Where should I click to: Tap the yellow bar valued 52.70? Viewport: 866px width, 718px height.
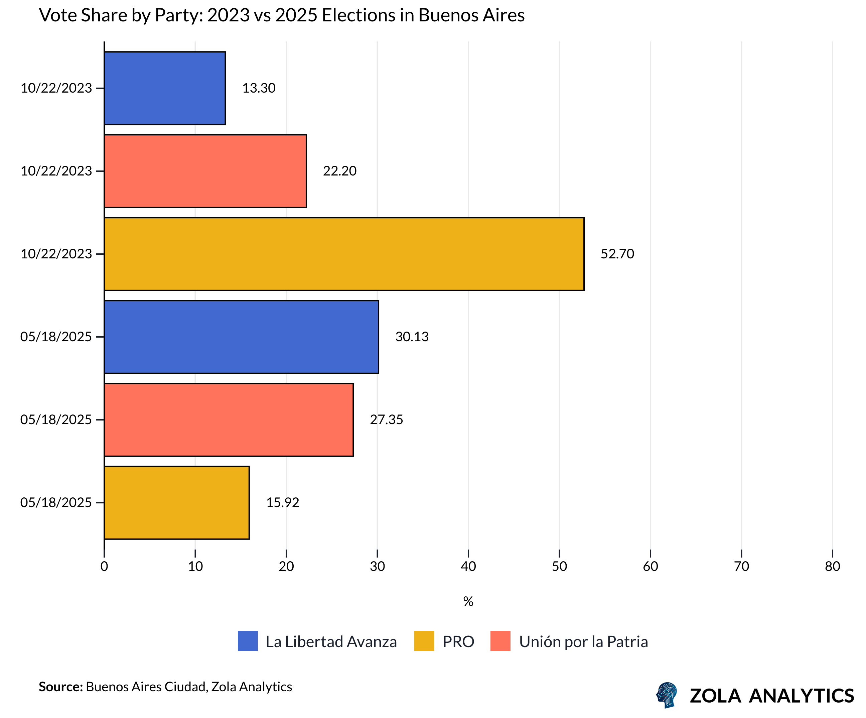pos(344,254)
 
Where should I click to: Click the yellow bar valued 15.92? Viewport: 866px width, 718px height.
pos(176,503)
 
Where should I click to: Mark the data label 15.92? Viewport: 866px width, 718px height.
pos(282,503)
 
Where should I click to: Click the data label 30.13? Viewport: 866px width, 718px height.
pos(412,337)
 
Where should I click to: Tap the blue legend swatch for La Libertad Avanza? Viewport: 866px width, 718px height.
pos(248,641)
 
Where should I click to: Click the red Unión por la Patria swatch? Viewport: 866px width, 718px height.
pos(500,641)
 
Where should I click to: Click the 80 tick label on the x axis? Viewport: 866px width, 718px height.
pos(832,566)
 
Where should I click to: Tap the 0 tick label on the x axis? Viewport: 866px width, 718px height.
pos(104,566)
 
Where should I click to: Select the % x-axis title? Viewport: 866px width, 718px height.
pos(468,602)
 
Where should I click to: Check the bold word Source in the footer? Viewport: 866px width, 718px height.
pos(60,687)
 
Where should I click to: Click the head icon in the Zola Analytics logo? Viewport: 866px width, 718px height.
pos(667,695)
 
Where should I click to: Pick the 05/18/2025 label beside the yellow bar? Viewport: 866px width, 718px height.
pos(56,503)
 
